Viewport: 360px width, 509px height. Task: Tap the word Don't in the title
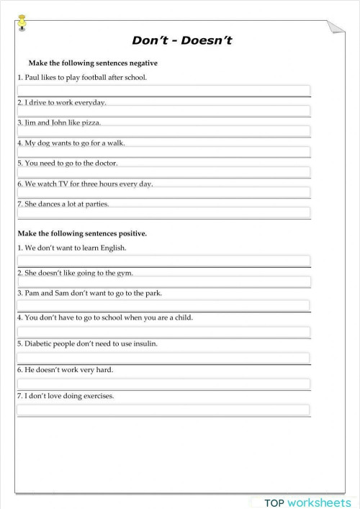[x=147, y=40]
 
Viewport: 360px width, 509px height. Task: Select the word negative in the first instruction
[x=142, y=63]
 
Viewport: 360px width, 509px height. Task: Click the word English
[x=112, y=248]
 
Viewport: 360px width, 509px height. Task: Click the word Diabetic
[x=39, y=343]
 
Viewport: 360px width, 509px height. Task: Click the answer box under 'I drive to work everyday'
[x=163, y=111]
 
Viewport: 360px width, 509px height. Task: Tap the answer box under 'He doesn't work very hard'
[x=163, y=384]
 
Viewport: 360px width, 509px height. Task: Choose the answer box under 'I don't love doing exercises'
[x=163, y=410]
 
